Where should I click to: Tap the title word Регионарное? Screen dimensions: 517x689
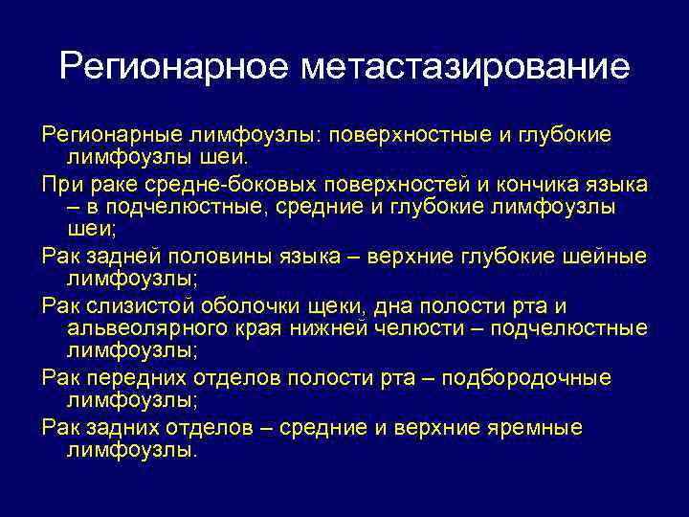click(171, 67)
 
